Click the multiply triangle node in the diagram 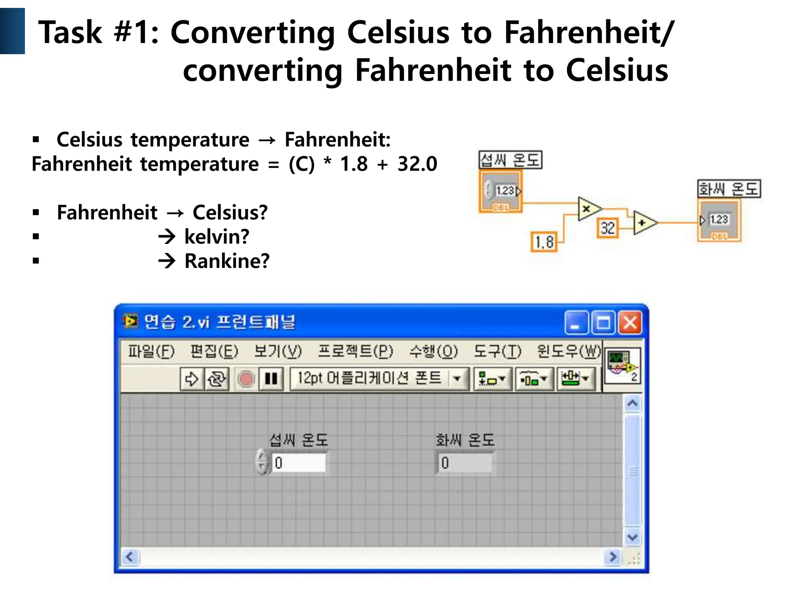pyautogui.click(x=588, y=208)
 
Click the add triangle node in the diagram pyautogui.click(x=643, y=223)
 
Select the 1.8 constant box pyautogui.click(x=544, y=242)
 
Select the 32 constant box pyautogui.click(x=607, y=228)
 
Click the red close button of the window pyautogui.click(x=630, y=323)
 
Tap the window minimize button pyautogui.click(x=576, y=323)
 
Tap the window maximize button pyautogui.click(x=603, y=323)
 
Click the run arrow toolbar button pyautogui.click(x=192, y=379)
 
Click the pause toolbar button pyautogui.click(x=271, y=379)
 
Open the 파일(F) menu pyautogui.click(x=151, y=351)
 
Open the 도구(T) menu pyautogui.click(x=497, y=351)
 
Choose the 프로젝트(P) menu pyautogui.click(x=355, y=351)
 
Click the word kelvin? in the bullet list pyautogui.click(x=217, y=237)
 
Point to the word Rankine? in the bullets pyautogui.click(x=227, y=261)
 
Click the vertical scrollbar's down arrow pyautogui.click(x=632, y=537)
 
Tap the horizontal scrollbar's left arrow pyautogui.click(x=130, y=557)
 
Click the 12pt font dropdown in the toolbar pyautogui.click(x=379, y=379)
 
